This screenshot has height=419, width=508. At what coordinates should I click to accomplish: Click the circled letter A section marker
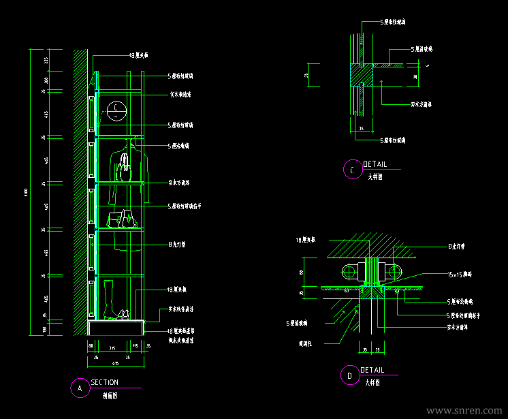point(80,388)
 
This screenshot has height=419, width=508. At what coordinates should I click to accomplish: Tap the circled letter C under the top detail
point(351,170)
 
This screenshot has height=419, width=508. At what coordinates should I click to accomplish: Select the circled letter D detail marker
point(349,375)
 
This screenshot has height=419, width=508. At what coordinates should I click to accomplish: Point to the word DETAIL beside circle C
point(375,165)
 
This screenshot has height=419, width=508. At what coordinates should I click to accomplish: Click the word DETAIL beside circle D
point(372,370)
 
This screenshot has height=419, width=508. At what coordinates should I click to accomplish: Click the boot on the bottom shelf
point(108,300)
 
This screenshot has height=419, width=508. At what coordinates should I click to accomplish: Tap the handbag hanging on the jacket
point(123,166)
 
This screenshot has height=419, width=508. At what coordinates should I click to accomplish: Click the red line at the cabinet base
point(116,336)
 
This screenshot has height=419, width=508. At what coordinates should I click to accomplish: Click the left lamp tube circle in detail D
point(349,272)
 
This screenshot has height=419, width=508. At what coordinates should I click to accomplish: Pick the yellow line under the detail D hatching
point(371,258)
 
